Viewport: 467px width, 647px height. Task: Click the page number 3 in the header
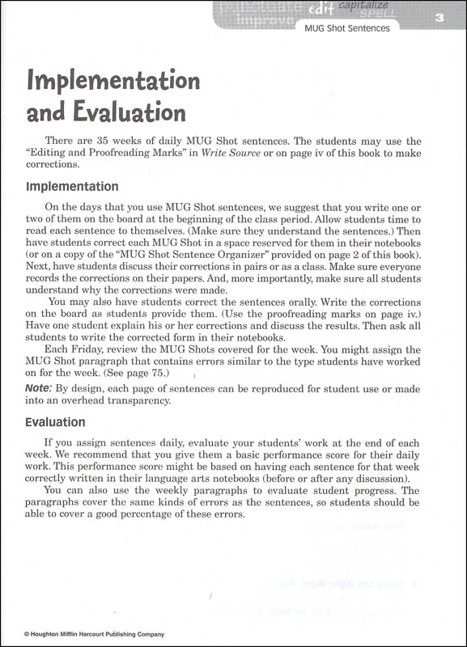tap(438, 19)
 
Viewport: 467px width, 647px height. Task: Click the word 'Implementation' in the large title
tap(113, 81)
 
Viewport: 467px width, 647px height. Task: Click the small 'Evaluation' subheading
tap(56, 422)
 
